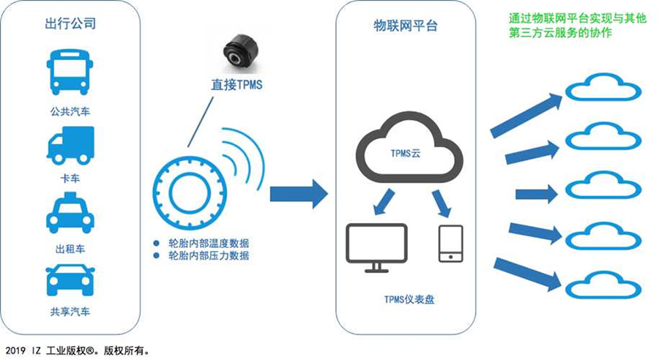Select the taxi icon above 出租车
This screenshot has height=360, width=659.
tap(70, 212)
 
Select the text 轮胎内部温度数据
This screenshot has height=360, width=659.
tap(208, 243)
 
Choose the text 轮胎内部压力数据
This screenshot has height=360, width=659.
tap(208, 255)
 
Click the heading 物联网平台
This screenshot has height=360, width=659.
tap(405, 26)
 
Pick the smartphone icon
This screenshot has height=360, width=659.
tap(450, 243)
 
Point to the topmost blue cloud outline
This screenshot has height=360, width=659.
tap(604, 89)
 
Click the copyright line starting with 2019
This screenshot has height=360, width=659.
tap(78, 350)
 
